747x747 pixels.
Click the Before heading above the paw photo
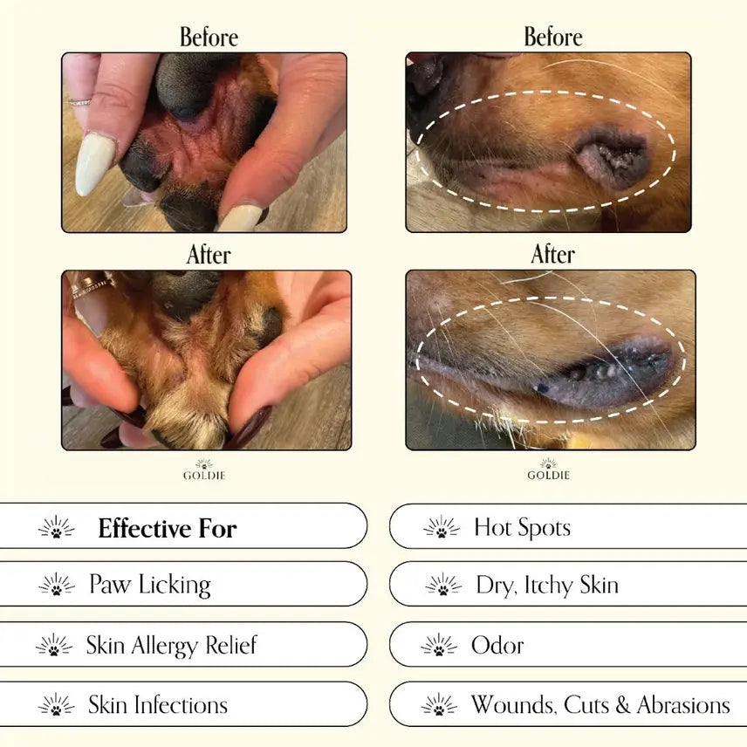[209, 38]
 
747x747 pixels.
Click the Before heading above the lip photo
[553, 37]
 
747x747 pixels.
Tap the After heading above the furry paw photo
[209, 255]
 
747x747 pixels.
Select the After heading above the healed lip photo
[552, 255]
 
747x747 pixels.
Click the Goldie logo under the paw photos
[204, 469]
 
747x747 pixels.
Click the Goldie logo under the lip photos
[548, 469]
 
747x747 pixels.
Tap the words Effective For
[168, 528]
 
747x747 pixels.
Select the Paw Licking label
[150, 585]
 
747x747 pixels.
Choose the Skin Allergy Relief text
[172, 646]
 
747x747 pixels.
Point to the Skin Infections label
[158, 705]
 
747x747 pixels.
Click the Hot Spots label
[522, 528]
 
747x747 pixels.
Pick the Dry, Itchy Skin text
[547, 585]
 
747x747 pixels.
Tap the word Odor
[497, 646]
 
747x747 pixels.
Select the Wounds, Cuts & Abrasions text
[600, 705]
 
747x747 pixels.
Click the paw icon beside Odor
[439, 646]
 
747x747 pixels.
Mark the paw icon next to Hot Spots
[442, 527]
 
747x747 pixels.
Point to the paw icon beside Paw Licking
[57, 585]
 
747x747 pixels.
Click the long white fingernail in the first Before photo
[94, 163]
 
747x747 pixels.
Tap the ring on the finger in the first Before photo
[79, 102]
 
